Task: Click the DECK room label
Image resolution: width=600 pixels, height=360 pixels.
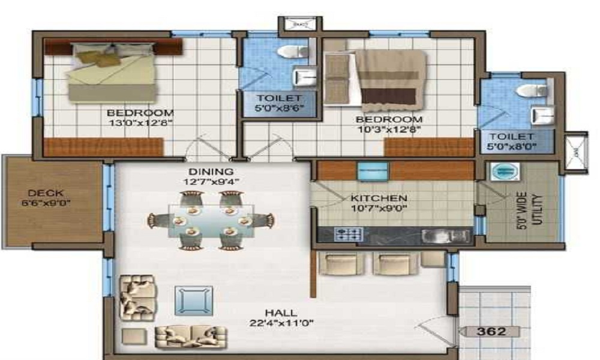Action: tap(41, 193)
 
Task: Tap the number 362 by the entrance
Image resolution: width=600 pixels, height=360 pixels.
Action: tap(491, 331)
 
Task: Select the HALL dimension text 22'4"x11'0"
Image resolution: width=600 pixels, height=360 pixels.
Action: tap(282, 323)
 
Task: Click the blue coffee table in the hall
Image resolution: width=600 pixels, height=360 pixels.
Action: tap(193, 300)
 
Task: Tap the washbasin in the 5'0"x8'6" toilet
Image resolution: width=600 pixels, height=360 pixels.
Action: tap(304, 77)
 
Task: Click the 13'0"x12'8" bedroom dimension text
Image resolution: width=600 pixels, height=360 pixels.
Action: tap(140, 124)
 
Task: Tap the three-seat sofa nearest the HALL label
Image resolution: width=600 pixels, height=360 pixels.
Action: tap(191, 337)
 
